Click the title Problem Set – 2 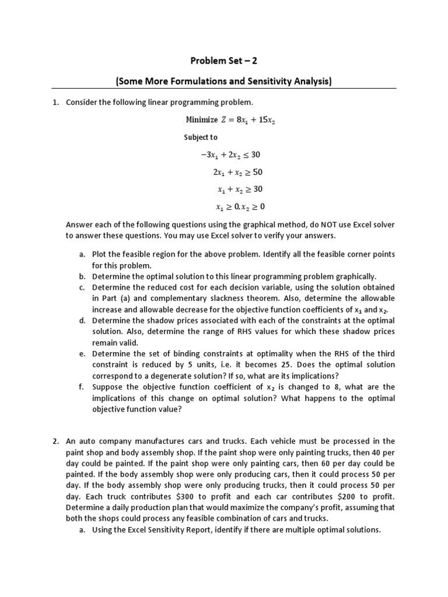pyautogui.click(x=224, y=61)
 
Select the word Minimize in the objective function pyautogui.click(x=201, y=120)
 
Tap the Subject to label pyautogui.click(x=201, y=138)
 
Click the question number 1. pyautogui.click(x=55, y=103)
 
